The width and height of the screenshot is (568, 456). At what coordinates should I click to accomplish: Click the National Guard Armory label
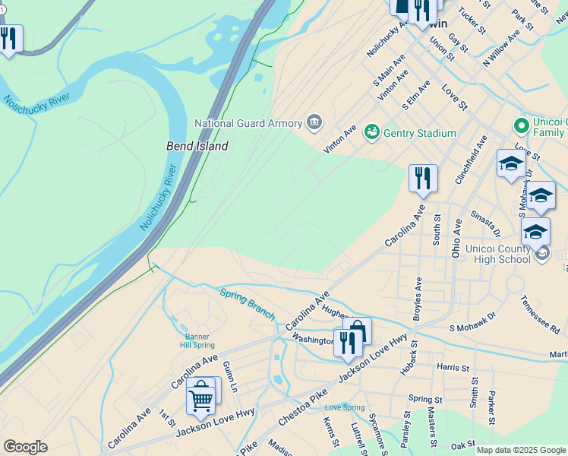pos(248,123)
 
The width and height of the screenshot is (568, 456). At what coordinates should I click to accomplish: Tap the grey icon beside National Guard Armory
pos(314,122)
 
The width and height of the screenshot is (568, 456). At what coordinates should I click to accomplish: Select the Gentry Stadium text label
pos(419,133)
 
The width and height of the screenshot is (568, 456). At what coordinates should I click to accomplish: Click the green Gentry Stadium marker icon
pos(371,133)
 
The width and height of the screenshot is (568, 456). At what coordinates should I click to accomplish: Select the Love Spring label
pos(345,407)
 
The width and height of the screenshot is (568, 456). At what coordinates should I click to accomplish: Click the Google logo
pos(25,447)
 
